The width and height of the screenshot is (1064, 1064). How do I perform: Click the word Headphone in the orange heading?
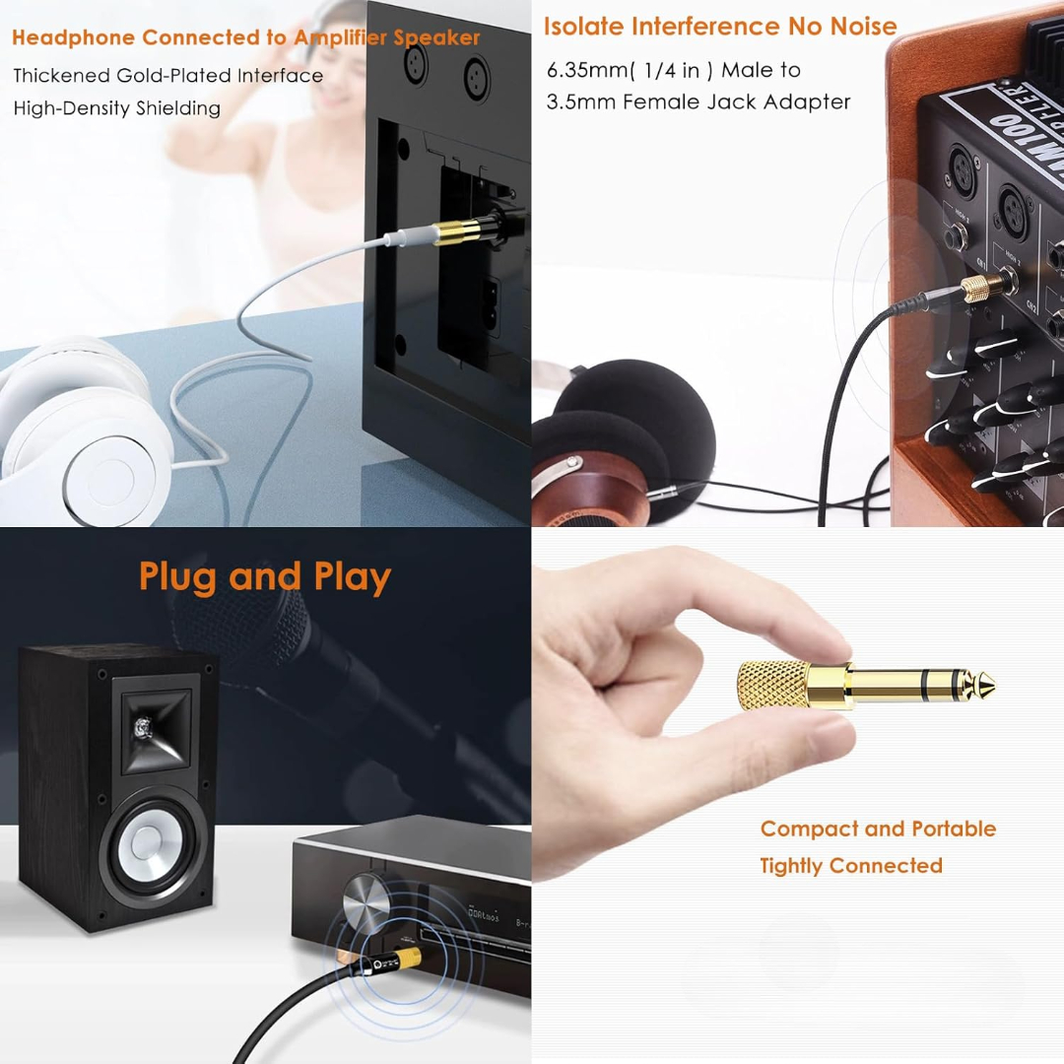coord(73,38)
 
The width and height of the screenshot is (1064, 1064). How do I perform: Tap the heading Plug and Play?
coord(264,576)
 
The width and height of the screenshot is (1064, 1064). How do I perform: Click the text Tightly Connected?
coord(850,866)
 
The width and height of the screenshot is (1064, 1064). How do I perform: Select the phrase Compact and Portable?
coord(877,829)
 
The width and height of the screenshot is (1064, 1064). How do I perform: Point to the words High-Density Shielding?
coord(116,108)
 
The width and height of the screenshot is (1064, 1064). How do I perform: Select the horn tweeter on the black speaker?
coord(150,728)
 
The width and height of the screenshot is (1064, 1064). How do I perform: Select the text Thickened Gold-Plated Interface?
coord(167,76)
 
